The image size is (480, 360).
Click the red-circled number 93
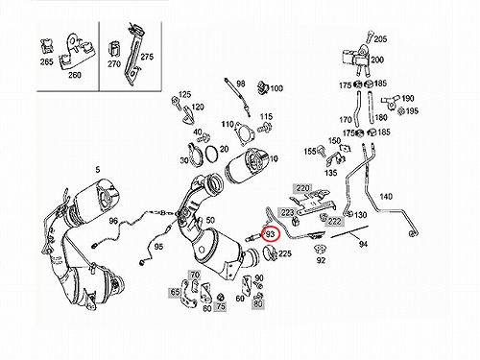[x=271, y=234]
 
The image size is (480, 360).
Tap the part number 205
[x=380, y=39]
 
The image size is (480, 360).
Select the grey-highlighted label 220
[x=302, y=188]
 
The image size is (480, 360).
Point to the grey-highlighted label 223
[x=287, y=212]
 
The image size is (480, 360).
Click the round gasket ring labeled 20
[x=212, y=154]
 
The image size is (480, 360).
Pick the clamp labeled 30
[x=195, y=156]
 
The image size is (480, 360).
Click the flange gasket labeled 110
[x=246, y=134]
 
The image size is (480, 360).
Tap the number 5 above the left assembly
[x=98, y=170]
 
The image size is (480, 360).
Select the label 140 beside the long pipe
[x=386, y=196]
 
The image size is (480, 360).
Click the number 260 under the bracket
[x=75, y=75]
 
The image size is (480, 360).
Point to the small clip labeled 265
[x=47, y=46]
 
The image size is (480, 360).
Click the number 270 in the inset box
[x=114, y=63]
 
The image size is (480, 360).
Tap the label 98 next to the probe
[x=241, y=84]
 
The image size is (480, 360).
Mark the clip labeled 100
[x=263, y=87]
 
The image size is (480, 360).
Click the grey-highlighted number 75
[x=221, y=306]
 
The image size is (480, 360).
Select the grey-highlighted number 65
[x=175, y=292]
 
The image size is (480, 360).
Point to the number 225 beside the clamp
[x=285, y=253]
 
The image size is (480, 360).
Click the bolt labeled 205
[x=370, y=36]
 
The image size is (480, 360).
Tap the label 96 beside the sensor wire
[x=113, y=221]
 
